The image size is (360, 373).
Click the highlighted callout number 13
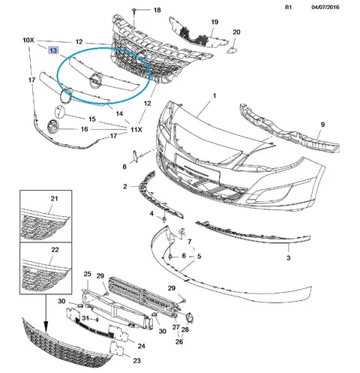53,50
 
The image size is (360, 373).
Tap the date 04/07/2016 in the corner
325,7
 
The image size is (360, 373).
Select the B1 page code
288,7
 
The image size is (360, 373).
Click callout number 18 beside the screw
157,10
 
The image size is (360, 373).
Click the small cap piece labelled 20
230,50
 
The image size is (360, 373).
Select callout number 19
214,22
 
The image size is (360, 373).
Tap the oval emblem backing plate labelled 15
60,112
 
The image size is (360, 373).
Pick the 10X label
28,40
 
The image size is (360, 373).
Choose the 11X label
136,130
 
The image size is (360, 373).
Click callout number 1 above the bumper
214,95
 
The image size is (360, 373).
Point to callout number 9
322,125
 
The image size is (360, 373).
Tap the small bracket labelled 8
134,156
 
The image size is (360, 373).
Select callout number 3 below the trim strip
289,257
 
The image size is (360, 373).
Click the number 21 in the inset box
54,199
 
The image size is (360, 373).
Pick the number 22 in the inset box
55,250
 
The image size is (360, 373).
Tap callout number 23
137,360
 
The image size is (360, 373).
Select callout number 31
85,318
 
